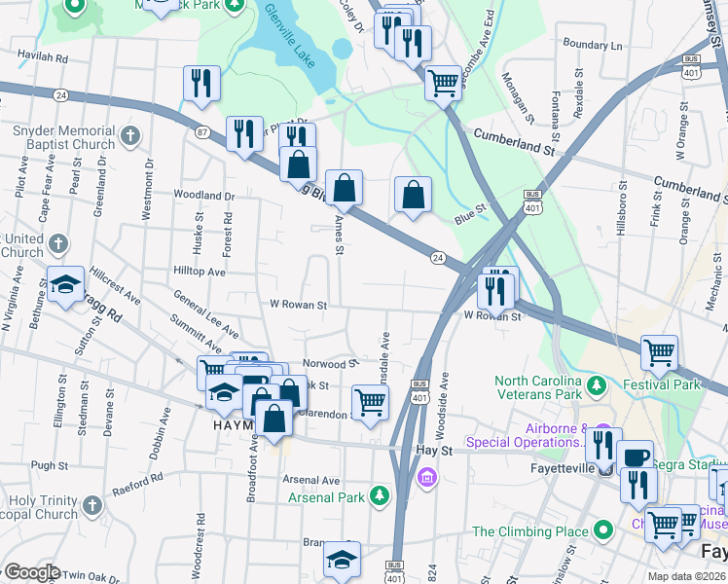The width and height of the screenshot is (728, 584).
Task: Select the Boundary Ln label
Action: click(592, 45)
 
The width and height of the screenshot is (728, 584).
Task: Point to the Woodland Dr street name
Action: click(204, 196)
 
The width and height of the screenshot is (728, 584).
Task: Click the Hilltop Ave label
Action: click(200, 273)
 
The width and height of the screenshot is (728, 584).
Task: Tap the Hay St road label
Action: click(434, 452)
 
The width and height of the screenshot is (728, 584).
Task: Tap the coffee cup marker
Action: click(636, 457)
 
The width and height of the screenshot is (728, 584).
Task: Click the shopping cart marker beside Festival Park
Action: click(660, 352)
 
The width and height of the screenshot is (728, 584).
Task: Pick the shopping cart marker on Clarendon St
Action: click(370, 401)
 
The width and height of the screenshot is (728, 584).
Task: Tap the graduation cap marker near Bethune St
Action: click(65, 284)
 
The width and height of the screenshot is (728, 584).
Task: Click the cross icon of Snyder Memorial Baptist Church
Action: click(131, 138)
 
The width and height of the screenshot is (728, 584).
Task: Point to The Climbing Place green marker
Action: click(603, 530)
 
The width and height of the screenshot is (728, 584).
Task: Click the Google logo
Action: click(31, 572)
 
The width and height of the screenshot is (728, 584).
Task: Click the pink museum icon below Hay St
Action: click(425, 478)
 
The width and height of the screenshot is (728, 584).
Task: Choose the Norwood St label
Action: click(324, 364)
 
